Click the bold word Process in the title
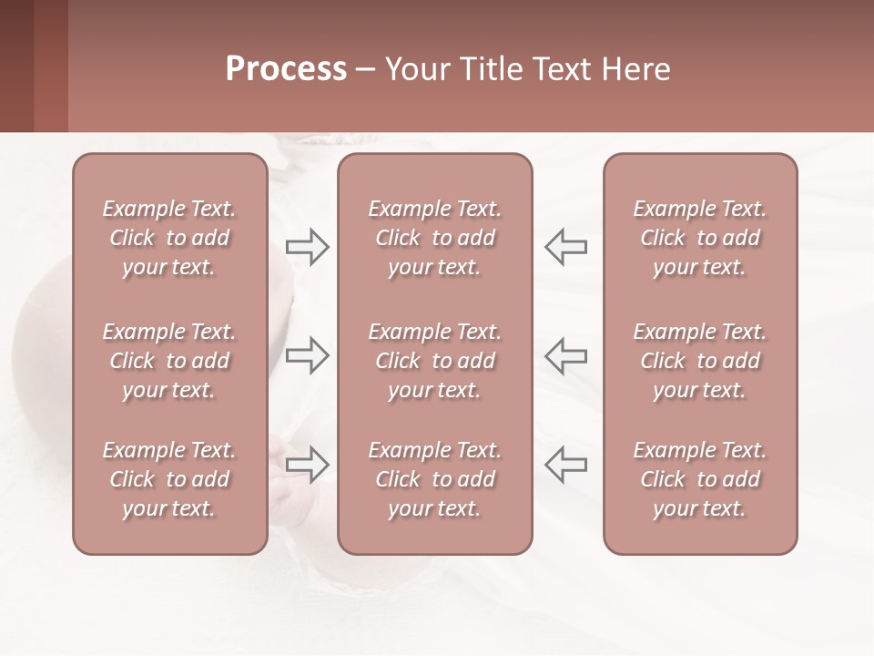point(286,69)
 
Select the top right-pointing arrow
point(307,246)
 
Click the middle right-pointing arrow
point(307,355)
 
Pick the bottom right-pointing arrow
point(307,464)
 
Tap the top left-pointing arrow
point(566,246)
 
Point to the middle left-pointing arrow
point(566,355)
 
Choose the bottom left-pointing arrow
point(566,464)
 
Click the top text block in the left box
point(169,238)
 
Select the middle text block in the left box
point(169,361)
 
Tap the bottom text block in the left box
point(169,479)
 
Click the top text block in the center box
point(434,238)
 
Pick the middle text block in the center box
point(434,361)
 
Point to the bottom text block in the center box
point(434,479)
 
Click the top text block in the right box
point(700,238)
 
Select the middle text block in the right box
point(700,361)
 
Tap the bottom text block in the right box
point(700,479)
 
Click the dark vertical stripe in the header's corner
point(51,66)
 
